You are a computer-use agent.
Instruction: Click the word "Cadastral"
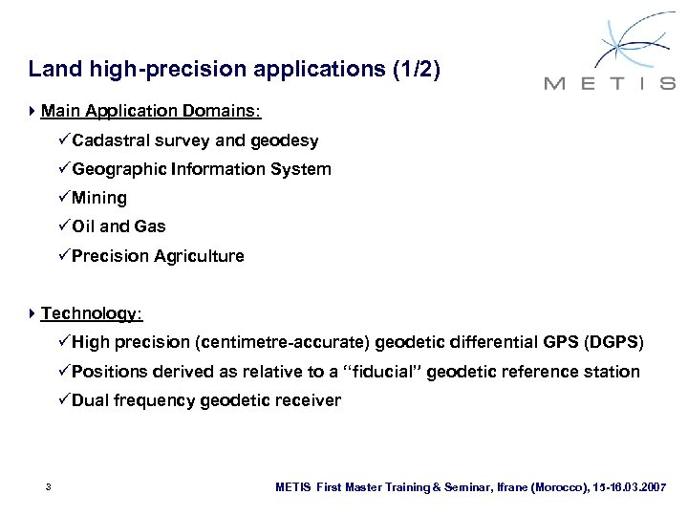[x=111, y=141]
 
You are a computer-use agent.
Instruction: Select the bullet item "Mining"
[x=98, y=199]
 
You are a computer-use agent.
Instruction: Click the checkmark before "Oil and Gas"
[x=63, y=227]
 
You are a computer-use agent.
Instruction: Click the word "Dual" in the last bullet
[x=91, y=399]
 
